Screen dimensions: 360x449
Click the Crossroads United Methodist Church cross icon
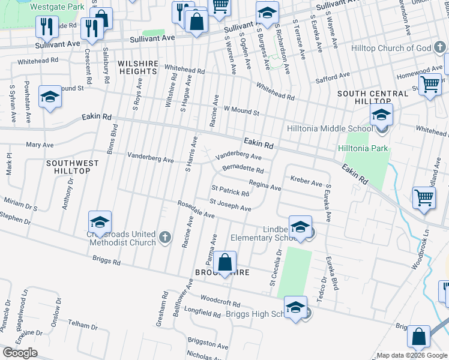tap(165, 239)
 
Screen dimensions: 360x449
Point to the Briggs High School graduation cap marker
tap(295, 308)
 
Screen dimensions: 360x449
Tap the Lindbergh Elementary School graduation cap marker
tap(300, 227)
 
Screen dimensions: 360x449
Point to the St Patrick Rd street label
tap(229, 192)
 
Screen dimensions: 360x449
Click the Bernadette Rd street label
tap(243, 169)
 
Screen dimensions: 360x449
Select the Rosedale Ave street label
tap(196, 209)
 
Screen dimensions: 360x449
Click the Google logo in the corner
tap(20, 353)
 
